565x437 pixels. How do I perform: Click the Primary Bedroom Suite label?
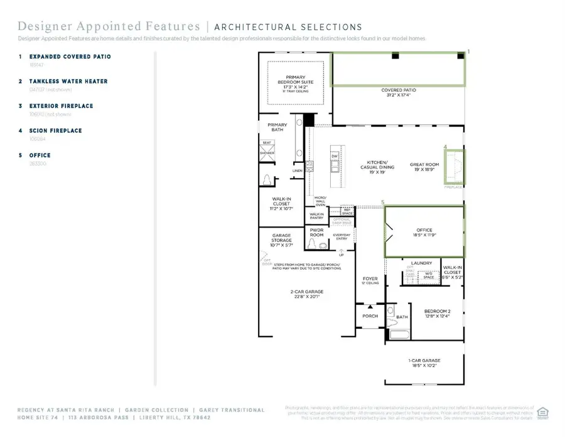click(296, 82)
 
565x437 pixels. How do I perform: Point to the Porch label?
click(370, 316)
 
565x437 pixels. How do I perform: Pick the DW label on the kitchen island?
click(335, 157)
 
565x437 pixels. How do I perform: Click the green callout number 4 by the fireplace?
click(445, 147)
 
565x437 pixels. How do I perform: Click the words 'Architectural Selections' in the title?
click(288, 27)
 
